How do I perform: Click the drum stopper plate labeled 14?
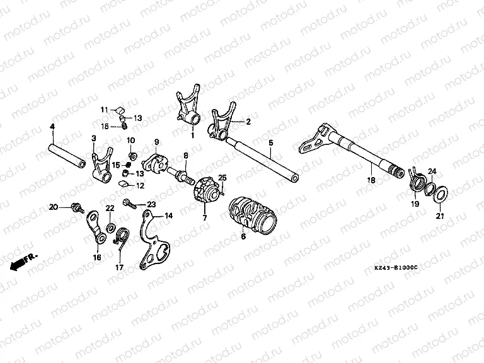click(151, 242)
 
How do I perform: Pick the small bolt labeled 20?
click(77, 206)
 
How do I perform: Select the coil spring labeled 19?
click(417, 179)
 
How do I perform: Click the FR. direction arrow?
click(23, 262)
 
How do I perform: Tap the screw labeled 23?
click(130, 204)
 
